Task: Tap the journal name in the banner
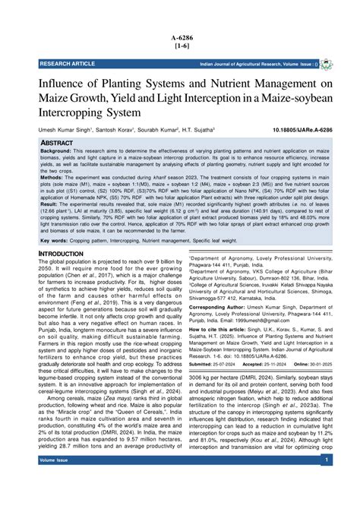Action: [235, 64]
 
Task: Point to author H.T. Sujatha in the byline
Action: [197, 131]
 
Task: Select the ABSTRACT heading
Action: [56, 143]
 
